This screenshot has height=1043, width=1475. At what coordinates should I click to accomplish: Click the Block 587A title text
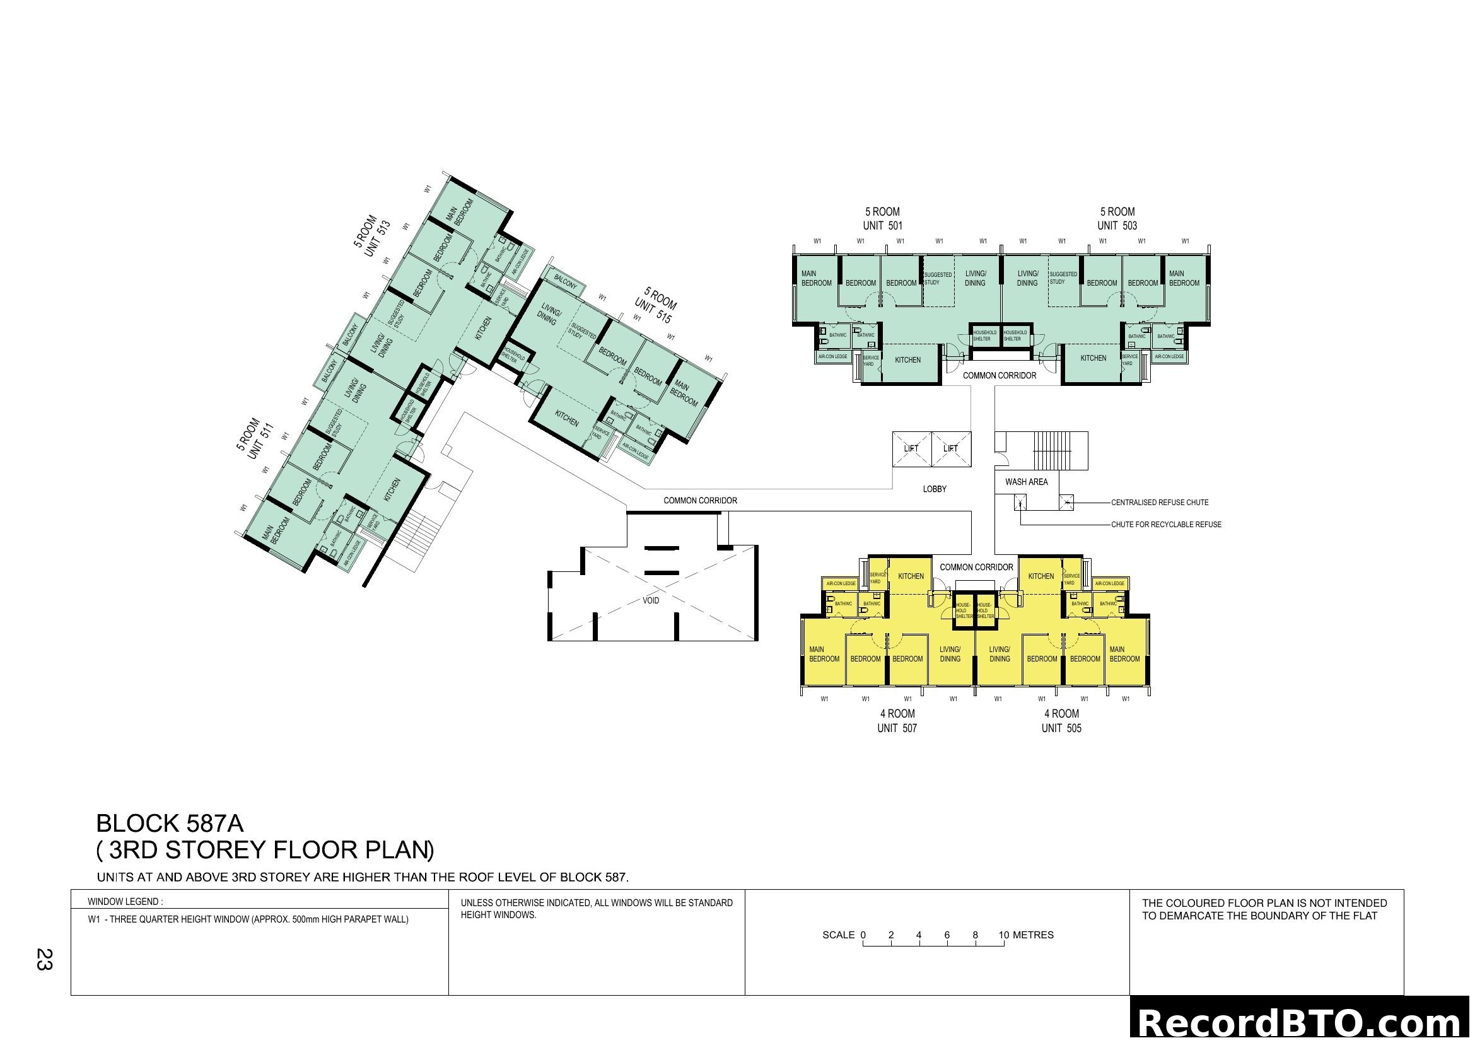(170, 824)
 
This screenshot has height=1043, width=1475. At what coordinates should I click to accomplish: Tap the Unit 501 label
(883, 225)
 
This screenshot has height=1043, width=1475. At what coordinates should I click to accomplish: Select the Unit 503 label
(1117, 225)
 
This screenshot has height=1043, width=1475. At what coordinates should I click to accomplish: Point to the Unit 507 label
(897, 728)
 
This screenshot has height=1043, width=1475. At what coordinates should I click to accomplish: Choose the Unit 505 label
(1061, 728)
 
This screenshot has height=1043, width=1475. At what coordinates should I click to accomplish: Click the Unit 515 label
(653, 310)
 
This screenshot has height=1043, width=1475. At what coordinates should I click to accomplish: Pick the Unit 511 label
(261, 441)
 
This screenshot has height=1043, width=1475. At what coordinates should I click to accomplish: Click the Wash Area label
(1027, 482)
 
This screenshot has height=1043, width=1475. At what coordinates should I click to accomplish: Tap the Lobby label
(935, 489)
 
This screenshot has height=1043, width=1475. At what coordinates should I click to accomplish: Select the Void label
(651, 600)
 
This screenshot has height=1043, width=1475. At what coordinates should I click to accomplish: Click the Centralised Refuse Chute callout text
(1160, 502)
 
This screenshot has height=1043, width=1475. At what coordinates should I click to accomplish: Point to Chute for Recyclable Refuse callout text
(1166, 525)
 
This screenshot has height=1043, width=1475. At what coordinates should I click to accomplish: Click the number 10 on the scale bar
(1003, 935)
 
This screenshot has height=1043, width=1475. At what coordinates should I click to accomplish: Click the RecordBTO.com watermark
(1302, 1022)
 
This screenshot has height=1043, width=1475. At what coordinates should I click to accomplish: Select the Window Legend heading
(125, 902)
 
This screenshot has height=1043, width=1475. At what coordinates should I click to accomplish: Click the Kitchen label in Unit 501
(907, 360)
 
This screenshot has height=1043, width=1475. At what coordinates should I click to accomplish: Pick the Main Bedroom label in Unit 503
(1184, 278)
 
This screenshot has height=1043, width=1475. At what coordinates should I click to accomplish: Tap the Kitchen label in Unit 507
(911, 576)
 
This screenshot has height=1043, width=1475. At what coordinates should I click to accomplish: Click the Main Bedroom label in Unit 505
(1124, 654)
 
